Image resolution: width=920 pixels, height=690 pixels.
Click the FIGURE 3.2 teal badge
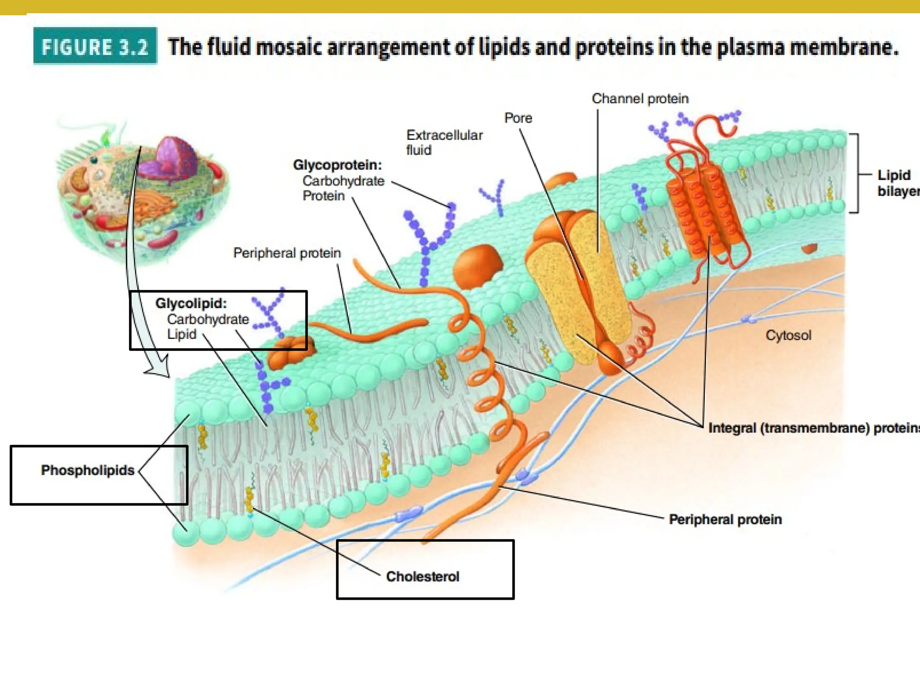[95, 47]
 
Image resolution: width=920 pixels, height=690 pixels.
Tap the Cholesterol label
[422, 576]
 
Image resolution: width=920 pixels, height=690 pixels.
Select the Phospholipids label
[88, 470]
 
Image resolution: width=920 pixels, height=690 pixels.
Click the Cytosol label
[788, 335]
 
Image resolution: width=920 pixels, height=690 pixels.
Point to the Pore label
[518, 118]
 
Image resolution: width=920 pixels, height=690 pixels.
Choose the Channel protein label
[640, 99]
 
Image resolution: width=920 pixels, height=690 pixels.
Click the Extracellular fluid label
[444, 142]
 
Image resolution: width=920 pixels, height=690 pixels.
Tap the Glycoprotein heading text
[337, 165]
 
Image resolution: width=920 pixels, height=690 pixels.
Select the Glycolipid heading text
[191, 303]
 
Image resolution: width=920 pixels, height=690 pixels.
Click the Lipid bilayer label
[896, 183]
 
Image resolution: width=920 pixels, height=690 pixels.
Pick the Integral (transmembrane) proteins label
[813, 428]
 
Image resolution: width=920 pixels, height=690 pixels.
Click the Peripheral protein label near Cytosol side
[725, 519]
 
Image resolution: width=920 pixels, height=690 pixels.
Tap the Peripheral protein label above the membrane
[287, 253]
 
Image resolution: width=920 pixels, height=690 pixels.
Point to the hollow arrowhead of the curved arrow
[159, 366]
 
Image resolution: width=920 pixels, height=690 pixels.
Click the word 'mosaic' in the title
[289, 48]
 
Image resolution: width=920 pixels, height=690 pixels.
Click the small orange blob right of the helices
[809, 248]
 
